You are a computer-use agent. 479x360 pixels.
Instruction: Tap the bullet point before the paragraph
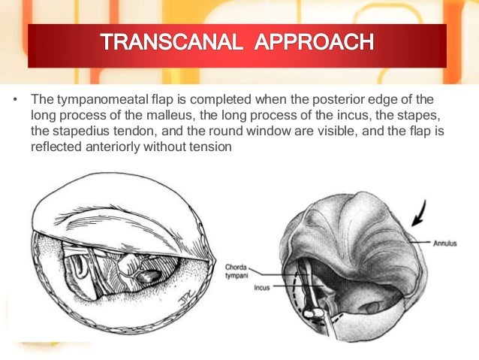pos(16,101)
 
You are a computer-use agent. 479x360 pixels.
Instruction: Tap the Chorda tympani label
pos(239,271)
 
